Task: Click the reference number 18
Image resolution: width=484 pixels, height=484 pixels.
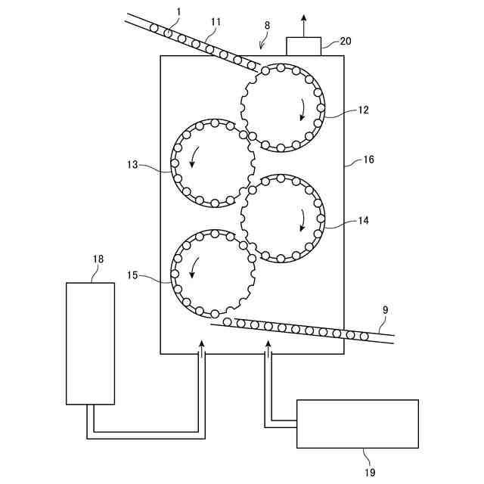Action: click(x=98, y=259)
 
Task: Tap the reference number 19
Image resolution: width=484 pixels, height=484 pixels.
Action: click(x=369, y=473)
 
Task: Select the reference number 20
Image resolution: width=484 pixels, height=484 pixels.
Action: click(x=345, y=42)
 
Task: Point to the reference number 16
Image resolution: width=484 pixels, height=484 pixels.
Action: click(x=369, y=160)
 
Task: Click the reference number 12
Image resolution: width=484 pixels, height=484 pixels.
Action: click(x=363, y=110)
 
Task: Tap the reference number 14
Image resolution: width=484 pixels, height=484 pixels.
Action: click(x=363, y=221)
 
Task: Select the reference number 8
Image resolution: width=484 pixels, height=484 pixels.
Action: click(x=266, y=25)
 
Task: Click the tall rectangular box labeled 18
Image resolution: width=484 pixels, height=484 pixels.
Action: click(x=90, y=343)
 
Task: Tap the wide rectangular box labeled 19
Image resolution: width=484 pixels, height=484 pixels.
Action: click(x=357, y=423)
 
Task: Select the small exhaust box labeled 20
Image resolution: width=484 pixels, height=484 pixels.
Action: click(x=304, y=45)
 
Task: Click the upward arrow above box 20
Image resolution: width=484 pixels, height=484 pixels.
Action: click(x=304, y=23)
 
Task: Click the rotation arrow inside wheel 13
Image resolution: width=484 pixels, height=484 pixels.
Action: click(x=193, y=156)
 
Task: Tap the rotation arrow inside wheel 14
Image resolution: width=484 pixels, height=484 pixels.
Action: click(x=303, y=219)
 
